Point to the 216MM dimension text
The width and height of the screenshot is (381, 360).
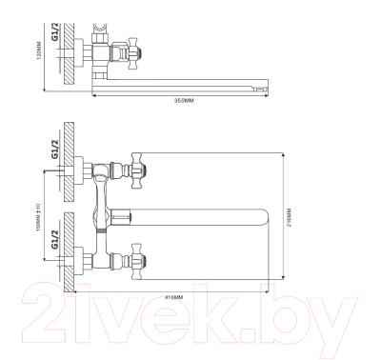pyautogui.click(x=290, y=218)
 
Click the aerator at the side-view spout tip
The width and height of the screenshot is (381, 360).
pyautogui.click(x=256, y=88)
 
